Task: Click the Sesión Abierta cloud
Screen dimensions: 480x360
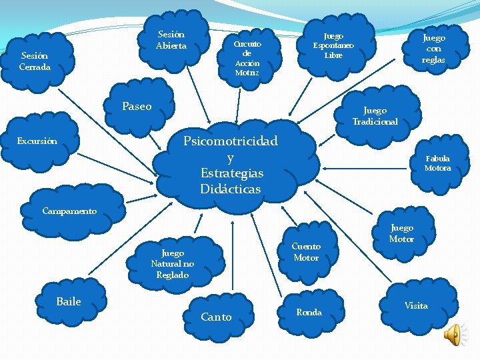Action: [171, 40]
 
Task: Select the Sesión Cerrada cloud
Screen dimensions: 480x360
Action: [35, 61]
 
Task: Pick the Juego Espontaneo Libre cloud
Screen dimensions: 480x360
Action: [333, 45]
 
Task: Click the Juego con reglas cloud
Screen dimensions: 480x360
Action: [433, 49]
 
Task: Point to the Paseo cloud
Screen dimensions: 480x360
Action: [137, 107]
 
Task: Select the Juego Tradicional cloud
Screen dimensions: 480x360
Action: [380, 115]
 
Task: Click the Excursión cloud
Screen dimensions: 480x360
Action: [37, 141]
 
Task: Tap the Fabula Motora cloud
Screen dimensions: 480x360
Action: [437, 163]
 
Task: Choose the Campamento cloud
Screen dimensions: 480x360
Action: [70, 211]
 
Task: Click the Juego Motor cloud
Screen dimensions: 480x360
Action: [401, 233]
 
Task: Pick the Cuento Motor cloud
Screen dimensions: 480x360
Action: [306, 251]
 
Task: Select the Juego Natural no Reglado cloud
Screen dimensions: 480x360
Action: [173, 263]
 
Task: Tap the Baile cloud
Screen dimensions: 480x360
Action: [69, 302]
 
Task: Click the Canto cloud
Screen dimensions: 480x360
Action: [217, 317]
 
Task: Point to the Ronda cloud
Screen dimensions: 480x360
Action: [309, 312]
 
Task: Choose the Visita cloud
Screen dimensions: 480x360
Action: [416, 305]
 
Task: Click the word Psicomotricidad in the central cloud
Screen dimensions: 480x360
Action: [231, 141]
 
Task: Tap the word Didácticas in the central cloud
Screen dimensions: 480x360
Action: [231, 189]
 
